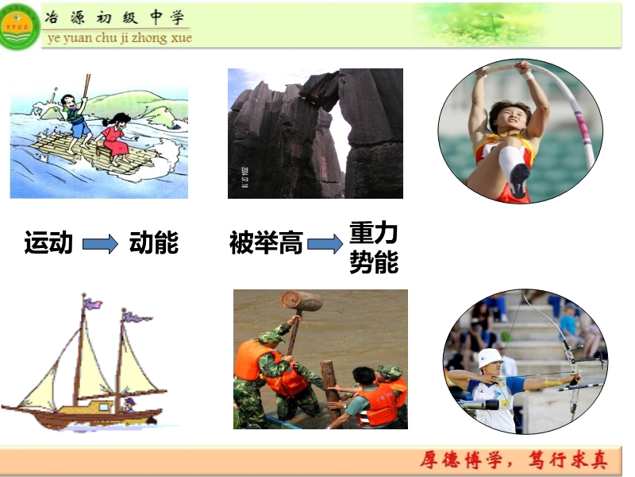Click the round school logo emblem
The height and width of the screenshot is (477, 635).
(x=19, y=27)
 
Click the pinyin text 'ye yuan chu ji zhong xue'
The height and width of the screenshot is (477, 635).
(x=120, y=38)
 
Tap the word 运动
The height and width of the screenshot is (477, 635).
(x=48, y=243)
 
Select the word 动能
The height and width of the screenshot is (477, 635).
(x=154, y=243)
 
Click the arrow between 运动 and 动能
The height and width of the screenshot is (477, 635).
(x=101, y=244)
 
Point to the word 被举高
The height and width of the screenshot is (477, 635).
(x=266, y=243)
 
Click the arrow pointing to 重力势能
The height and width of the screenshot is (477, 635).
(x=325, y=244)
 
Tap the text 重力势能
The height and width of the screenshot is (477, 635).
(x=374, y=247)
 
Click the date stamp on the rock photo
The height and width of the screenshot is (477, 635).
(x=244, y=177)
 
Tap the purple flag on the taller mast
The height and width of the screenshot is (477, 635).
(x=92, y=303)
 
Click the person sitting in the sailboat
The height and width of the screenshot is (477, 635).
(x=129, y=405)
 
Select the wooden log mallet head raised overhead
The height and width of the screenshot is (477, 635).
(x=302, y=301)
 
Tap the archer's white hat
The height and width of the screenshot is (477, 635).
(x=490, y=359)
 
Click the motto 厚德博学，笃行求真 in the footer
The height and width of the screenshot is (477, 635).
(x=514, y=460)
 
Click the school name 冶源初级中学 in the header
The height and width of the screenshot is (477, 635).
(x=115, y=17)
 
